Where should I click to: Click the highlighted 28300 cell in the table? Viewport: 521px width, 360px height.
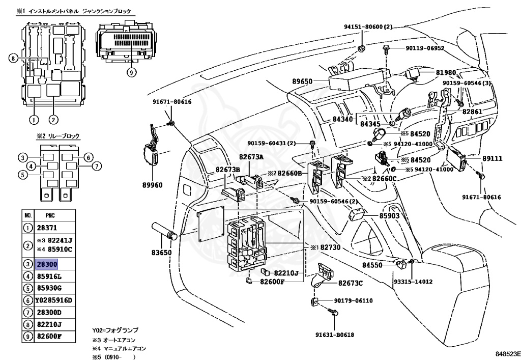coord(46,264)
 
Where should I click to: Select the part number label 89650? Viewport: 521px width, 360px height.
coord(303,80)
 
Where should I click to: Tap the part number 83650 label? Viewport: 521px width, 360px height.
coord(161,253)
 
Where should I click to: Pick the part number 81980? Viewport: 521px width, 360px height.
coord(446,72)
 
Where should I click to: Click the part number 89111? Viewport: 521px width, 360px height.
coord(493,159)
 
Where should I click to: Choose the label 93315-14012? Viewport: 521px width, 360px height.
coord(413,281)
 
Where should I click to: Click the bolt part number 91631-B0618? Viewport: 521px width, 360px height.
coord(334,335)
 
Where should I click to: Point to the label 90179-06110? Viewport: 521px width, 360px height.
coord(354,300)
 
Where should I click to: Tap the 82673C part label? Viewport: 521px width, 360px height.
coord(351,283)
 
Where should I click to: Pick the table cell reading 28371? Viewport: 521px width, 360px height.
coord(45,229)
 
